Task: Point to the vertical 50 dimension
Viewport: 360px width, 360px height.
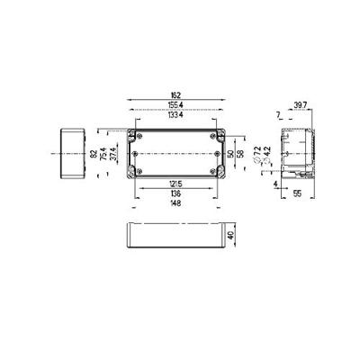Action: click(229, 154)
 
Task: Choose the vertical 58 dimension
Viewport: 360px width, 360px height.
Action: click(238, 154)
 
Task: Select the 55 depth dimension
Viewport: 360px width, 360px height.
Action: click(298, 193)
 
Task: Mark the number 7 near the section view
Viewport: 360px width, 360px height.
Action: click(276, 114)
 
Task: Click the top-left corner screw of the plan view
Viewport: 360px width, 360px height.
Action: click(137, 136)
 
